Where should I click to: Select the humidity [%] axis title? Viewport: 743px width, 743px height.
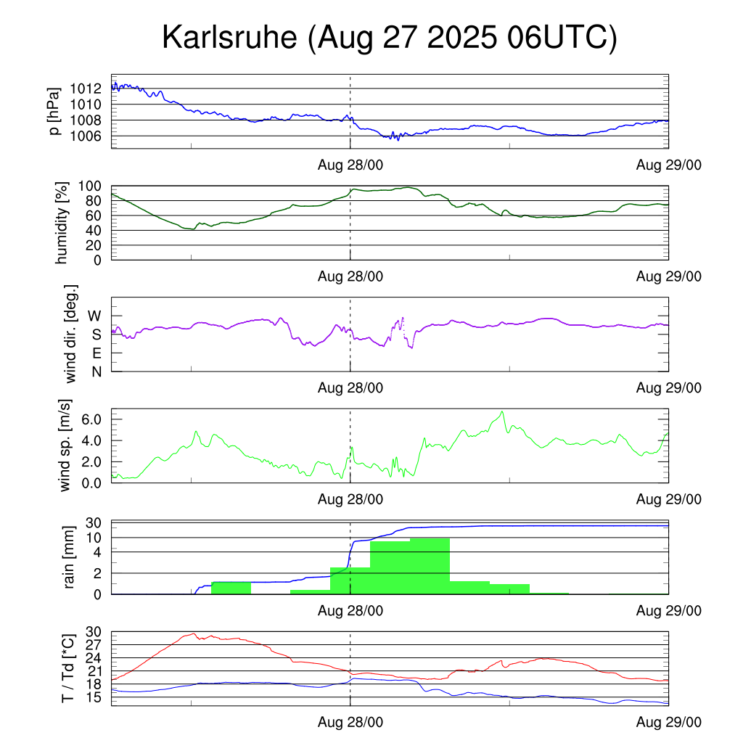(63, 223)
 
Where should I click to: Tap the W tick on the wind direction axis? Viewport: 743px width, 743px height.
(95, 316)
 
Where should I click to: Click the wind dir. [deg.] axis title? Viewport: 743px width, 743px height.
(70, 334)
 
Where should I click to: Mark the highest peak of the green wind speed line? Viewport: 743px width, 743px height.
(501, 411)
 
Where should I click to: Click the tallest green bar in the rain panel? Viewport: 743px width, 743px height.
(430, 566)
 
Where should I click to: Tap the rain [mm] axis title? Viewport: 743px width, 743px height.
(70, 557)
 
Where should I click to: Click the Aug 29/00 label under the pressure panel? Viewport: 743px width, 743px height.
(669, 165)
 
